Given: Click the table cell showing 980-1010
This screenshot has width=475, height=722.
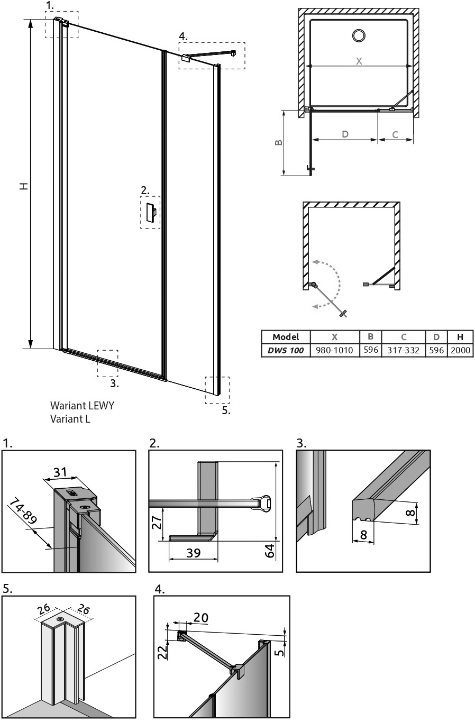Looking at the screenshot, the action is (334, 350).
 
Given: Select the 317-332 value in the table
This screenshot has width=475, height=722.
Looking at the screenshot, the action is (403, 350).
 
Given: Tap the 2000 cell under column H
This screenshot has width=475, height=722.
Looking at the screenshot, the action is (460, 350).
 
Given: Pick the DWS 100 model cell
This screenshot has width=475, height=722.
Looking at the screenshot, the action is (286, 350).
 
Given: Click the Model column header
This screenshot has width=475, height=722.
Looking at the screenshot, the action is (286, 337).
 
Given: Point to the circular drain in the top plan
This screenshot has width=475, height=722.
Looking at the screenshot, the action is (359, 35).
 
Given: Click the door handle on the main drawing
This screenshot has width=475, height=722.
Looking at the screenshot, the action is (151, 213).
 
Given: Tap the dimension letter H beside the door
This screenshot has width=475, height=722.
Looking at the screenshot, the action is (24, 186).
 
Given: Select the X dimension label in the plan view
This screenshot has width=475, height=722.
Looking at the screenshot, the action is (359, 61).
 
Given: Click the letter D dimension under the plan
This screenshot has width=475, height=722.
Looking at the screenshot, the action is (345, 134).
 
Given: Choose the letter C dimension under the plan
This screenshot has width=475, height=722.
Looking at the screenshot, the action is (396, 134).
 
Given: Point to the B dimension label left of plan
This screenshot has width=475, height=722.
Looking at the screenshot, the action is (279, 142).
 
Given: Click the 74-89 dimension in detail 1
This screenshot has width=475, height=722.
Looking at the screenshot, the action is (23, 511).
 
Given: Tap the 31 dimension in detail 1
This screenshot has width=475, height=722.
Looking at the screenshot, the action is (60, 472).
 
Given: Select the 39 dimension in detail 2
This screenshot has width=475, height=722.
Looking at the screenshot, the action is (194, 553).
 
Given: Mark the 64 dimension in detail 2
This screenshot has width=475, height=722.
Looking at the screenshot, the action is (269, 550).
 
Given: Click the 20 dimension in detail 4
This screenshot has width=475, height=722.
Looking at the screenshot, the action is (201, 617).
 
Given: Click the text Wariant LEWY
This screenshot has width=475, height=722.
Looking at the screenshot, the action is (82, 405).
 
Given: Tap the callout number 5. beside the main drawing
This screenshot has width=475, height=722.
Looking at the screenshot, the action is (226, 410).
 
